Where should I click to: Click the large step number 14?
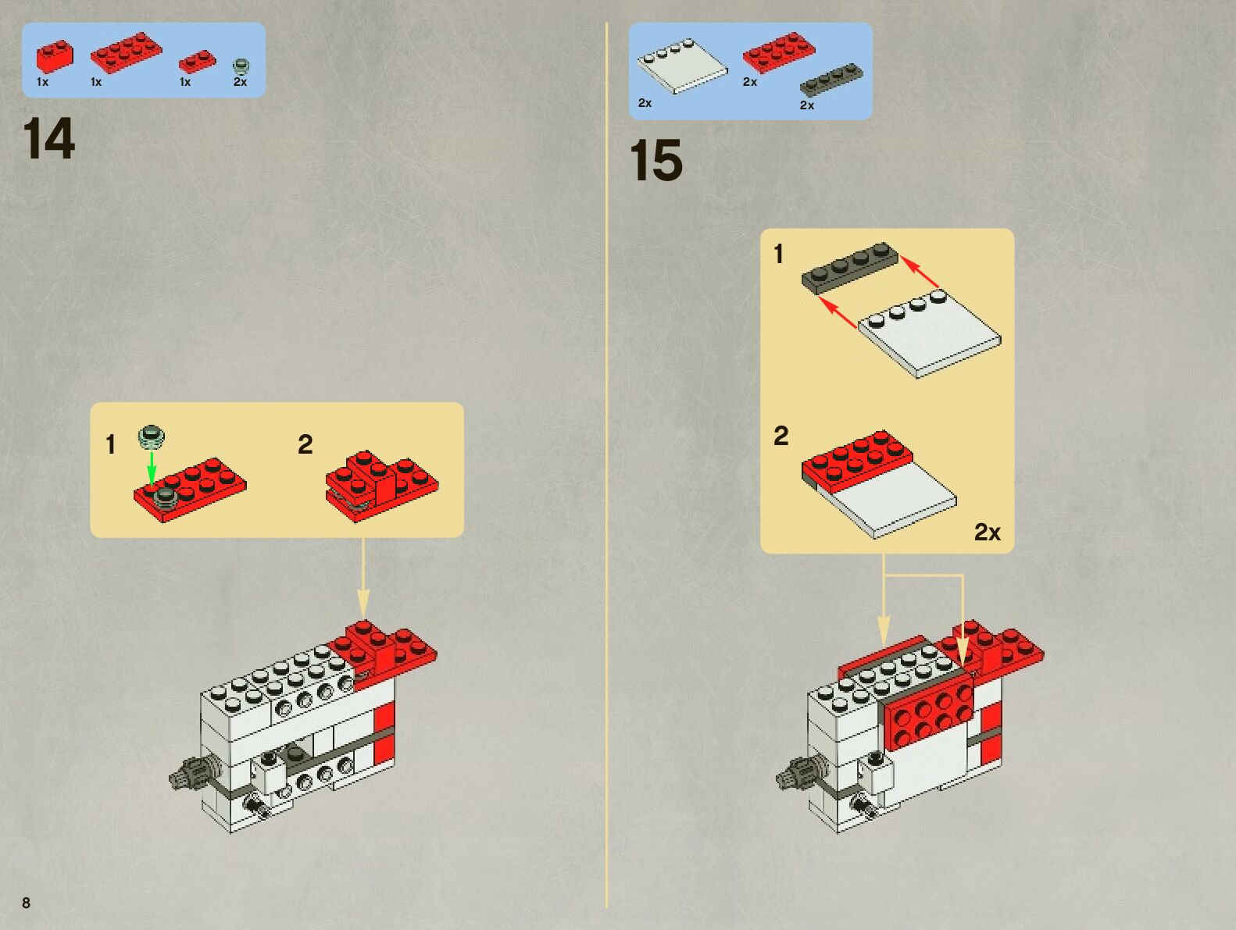48,140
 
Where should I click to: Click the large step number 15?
656,162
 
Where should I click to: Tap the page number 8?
26,903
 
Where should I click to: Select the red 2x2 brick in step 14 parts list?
54,55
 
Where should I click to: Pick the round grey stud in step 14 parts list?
241,66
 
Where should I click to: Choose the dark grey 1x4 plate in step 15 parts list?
831,80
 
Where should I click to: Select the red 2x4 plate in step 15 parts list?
778,52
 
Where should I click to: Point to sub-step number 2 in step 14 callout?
305,445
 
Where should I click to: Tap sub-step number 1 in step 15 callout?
778,254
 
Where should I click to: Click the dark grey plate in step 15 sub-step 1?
850,267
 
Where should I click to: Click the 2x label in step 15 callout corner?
987,533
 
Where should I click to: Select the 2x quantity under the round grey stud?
240,82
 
